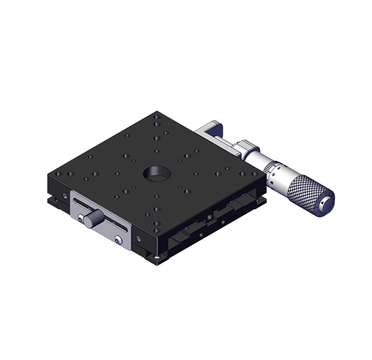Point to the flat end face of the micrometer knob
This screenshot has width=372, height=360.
point(324,202)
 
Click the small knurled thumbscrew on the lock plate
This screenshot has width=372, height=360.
point(94,218)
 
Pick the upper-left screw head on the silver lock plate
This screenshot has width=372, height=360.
point(81,217)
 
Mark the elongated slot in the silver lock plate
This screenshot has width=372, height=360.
point(102,211)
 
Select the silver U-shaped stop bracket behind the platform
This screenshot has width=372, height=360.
point(211,132)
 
